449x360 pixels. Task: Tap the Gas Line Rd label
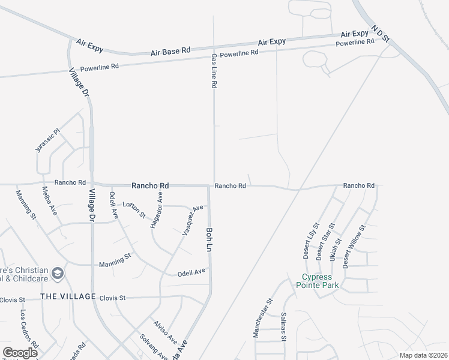click(x=213, y=71)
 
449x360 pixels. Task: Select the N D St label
click(x=381, y=34)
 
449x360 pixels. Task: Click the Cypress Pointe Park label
click(x=320, y=280)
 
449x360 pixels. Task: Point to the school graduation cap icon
click(x=58, y=274)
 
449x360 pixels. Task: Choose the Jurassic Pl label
click(x=48, y=140)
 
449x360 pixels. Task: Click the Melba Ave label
click(x=50, y=201)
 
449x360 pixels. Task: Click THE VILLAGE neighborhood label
click(x=68, y=297)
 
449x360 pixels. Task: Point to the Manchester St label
click(x=263, y=318)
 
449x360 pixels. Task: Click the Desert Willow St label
click(x=354, y=247)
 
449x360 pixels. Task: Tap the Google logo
click(x=20, y=352)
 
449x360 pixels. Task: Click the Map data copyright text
click(x=424, y=355)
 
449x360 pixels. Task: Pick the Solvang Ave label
click(x=154, y=347)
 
